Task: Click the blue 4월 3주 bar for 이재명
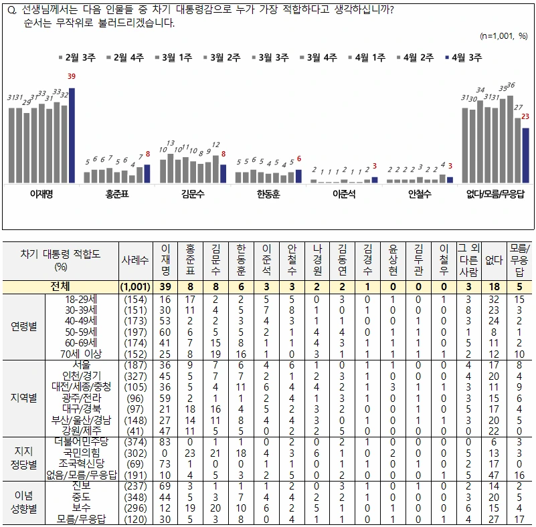click(x=72, y=136)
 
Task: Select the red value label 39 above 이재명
click(x=72, y=76)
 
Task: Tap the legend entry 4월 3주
click(x=464, y=58)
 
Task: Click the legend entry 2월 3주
click(x=77, y=58)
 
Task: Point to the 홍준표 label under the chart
click(x=117, y=195)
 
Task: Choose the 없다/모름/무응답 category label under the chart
click(x=495, y=195)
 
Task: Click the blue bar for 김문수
click(x=224, y=174)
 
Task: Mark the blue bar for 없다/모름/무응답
click(x=526, y=156)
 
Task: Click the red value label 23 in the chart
click(x=525, y=116)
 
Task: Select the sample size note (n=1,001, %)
click(x=504, y=36)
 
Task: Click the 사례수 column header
click(x=135, y=260)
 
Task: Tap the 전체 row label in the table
click(x=60, y=286)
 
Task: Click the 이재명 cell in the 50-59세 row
click(x=165, y=332)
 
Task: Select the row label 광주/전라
click(x=82, y=398)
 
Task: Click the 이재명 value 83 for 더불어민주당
click(x=165, y=442)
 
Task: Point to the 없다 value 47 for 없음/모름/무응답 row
click(x=494, y=475)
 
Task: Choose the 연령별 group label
click(x=23, y=326)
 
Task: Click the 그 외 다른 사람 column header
click(x=468, y=260)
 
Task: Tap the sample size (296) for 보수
click(x=135, y=508)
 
